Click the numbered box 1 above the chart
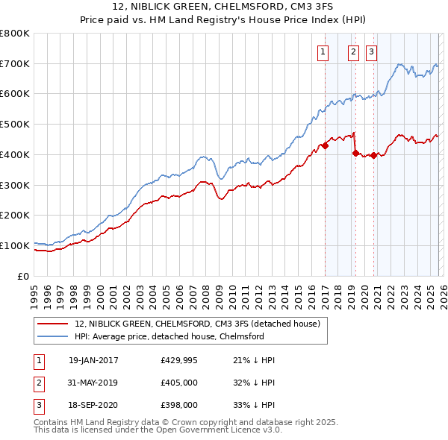point(323,51)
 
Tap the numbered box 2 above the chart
point(352,51)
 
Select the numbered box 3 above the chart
point(371,51)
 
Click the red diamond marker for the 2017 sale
point(325,146)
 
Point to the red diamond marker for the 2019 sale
point(355,153)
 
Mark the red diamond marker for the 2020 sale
point(373,155)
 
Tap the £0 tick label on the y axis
point(24,276)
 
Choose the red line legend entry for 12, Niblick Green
point(197,324)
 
